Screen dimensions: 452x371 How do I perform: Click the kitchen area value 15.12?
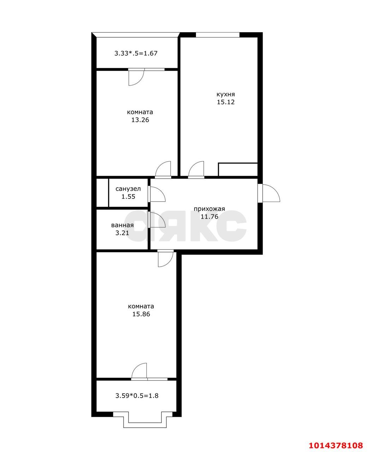(x=226, y=102)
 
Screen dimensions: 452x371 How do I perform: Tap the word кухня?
(x=226, y=94)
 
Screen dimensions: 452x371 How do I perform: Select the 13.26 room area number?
(x=140, y=120)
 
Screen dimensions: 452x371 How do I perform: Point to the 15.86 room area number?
(x=141, y=314)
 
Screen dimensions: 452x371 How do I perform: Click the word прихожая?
(x=209, y=209)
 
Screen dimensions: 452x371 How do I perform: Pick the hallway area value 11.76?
(x=209, y=216)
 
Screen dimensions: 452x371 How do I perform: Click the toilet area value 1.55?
(x=128, y=197)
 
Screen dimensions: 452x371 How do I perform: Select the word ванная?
(x=122, y=225)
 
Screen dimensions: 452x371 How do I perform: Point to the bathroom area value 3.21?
(x=122, y=233)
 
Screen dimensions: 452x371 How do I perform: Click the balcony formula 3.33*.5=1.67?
(x=136, y=54)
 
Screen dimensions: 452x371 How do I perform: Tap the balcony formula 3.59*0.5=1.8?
(x=137, y=395)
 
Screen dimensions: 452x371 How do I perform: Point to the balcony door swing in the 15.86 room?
(x=139, y=371)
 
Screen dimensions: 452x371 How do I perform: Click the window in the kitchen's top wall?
(x=217, y=35)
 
